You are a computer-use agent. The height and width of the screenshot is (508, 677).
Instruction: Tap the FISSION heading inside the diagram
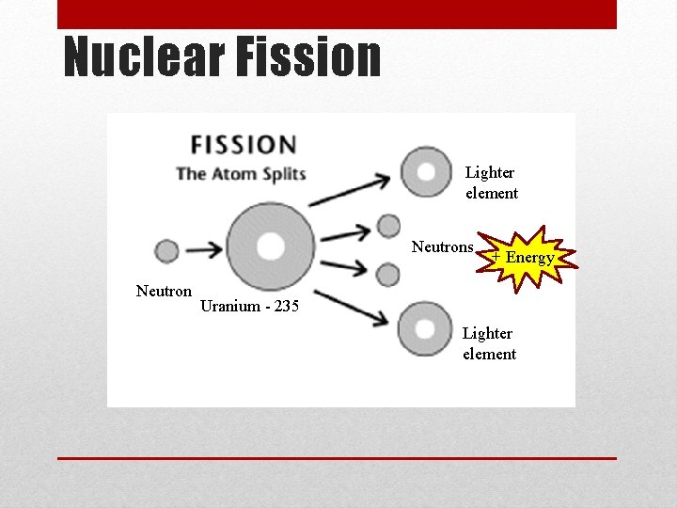pos(244,146)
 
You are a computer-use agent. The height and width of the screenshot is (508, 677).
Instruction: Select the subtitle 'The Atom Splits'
pos(242,173)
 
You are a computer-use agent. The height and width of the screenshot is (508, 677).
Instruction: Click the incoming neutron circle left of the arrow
pos(166,251)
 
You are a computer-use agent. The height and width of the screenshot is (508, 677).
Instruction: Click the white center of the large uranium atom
pos(271,246)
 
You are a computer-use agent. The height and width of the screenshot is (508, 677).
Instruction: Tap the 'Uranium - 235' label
pos(249,307)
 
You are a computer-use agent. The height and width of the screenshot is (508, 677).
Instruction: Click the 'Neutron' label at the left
pos(164,292)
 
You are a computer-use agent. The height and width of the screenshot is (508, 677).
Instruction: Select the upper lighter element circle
pos(426,172)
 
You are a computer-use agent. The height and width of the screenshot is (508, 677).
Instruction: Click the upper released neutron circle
pos(388,225)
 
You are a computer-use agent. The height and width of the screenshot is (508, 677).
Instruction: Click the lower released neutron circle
pos(387,275)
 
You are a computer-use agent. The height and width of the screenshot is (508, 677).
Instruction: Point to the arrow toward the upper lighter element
pos(349,188)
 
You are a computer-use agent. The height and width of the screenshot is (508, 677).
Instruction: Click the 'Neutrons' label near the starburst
pos(442,247)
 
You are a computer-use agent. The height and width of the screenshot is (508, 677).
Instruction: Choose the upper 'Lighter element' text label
pos(491,183)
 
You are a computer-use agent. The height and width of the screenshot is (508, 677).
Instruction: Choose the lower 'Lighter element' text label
pos(489,343)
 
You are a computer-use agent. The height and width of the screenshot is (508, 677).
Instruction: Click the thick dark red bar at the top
pos(337,14)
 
